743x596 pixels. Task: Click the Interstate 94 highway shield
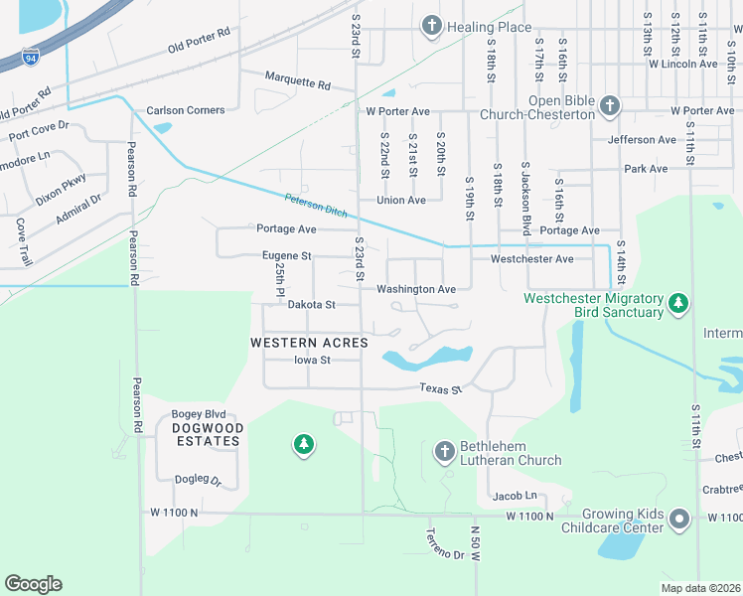(32, 56)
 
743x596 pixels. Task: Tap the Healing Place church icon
(431, 26)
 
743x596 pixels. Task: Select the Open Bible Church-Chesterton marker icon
(609, 103)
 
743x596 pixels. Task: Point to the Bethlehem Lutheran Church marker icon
(445, 452)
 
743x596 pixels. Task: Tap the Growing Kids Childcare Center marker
(679, 519)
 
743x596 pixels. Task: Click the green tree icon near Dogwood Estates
(304, 445)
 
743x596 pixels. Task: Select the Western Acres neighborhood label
(309, 343)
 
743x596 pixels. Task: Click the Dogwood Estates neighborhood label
(207, 434)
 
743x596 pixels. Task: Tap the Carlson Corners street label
(186, 110)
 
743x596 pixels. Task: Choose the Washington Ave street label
(415, 289)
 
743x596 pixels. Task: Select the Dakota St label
(311, 305)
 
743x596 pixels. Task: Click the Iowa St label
(311, 360)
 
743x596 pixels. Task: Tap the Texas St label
(441, 388)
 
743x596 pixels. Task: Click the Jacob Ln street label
(515, 496)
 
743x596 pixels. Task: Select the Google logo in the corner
(33, 584)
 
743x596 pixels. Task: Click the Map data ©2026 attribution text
(699, 588)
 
